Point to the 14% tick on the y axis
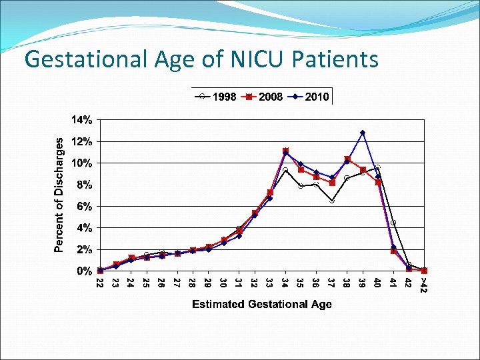(x=82, y=120)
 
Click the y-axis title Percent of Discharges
(x=59, y=195)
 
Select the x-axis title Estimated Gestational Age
(x=262, y=305)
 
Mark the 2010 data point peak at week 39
(x=363, y=133)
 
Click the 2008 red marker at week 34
(x=285, y=151)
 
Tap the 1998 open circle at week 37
(x=332, y=201)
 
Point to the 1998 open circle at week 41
(x=393, y=223)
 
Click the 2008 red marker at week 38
(x=347, y=159)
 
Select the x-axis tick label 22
(x=100, y=283)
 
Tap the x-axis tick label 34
(x=285, y=283)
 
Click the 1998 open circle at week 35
(x=301, y=186)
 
